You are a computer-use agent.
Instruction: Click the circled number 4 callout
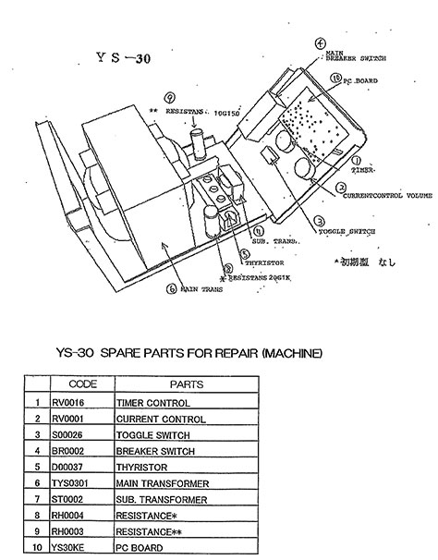pyautogui.click(x=320, y=43)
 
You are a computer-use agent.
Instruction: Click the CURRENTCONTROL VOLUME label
pyautogui.click(x=388, y=197)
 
